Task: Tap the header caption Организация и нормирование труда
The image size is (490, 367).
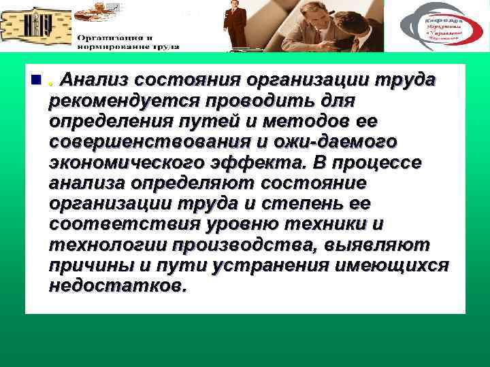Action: coord(127,42)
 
